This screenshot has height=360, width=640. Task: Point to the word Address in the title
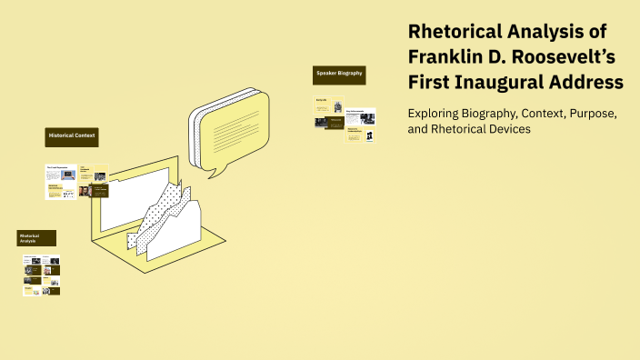tap(589, 82)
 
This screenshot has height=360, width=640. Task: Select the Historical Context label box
tap(72, 137)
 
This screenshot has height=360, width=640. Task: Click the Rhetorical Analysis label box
tap(36, 238)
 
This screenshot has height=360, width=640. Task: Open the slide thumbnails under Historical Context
tap(77, 182)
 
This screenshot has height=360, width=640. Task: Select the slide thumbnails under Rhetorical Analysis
tap(42, 275)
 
